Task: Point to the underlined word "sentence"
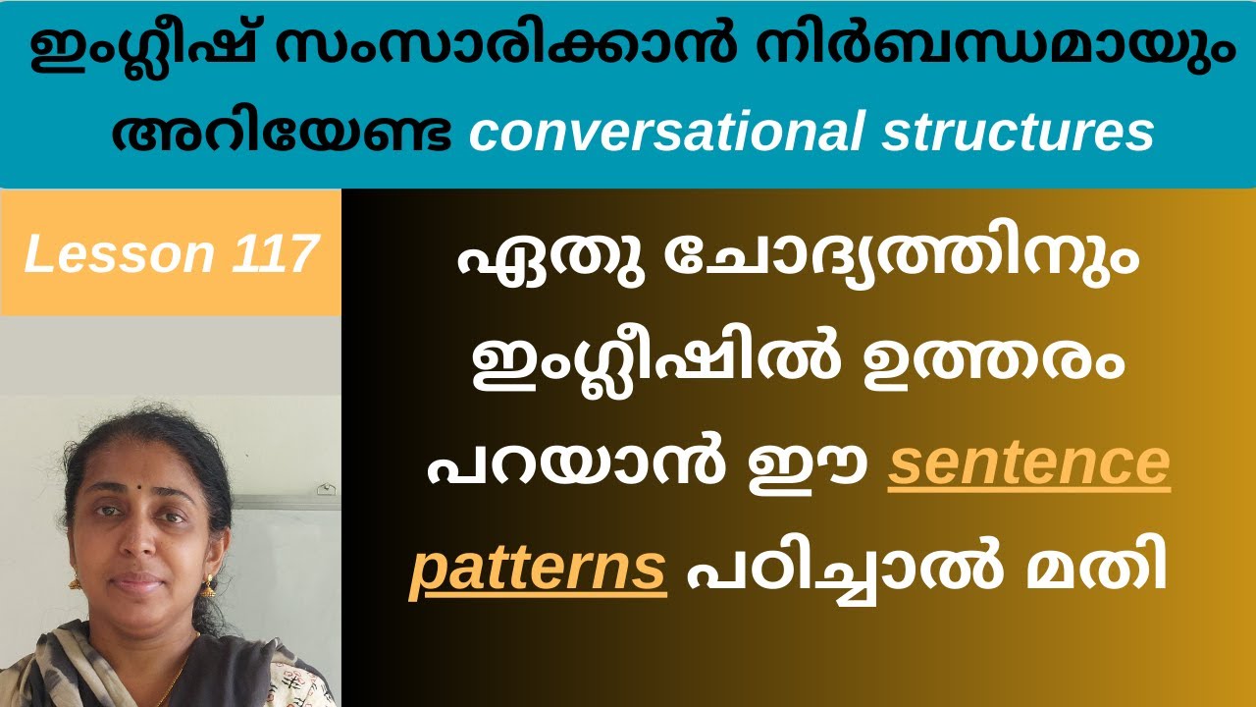(1029, 465)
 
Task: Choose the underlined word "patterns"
(539, 570)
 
